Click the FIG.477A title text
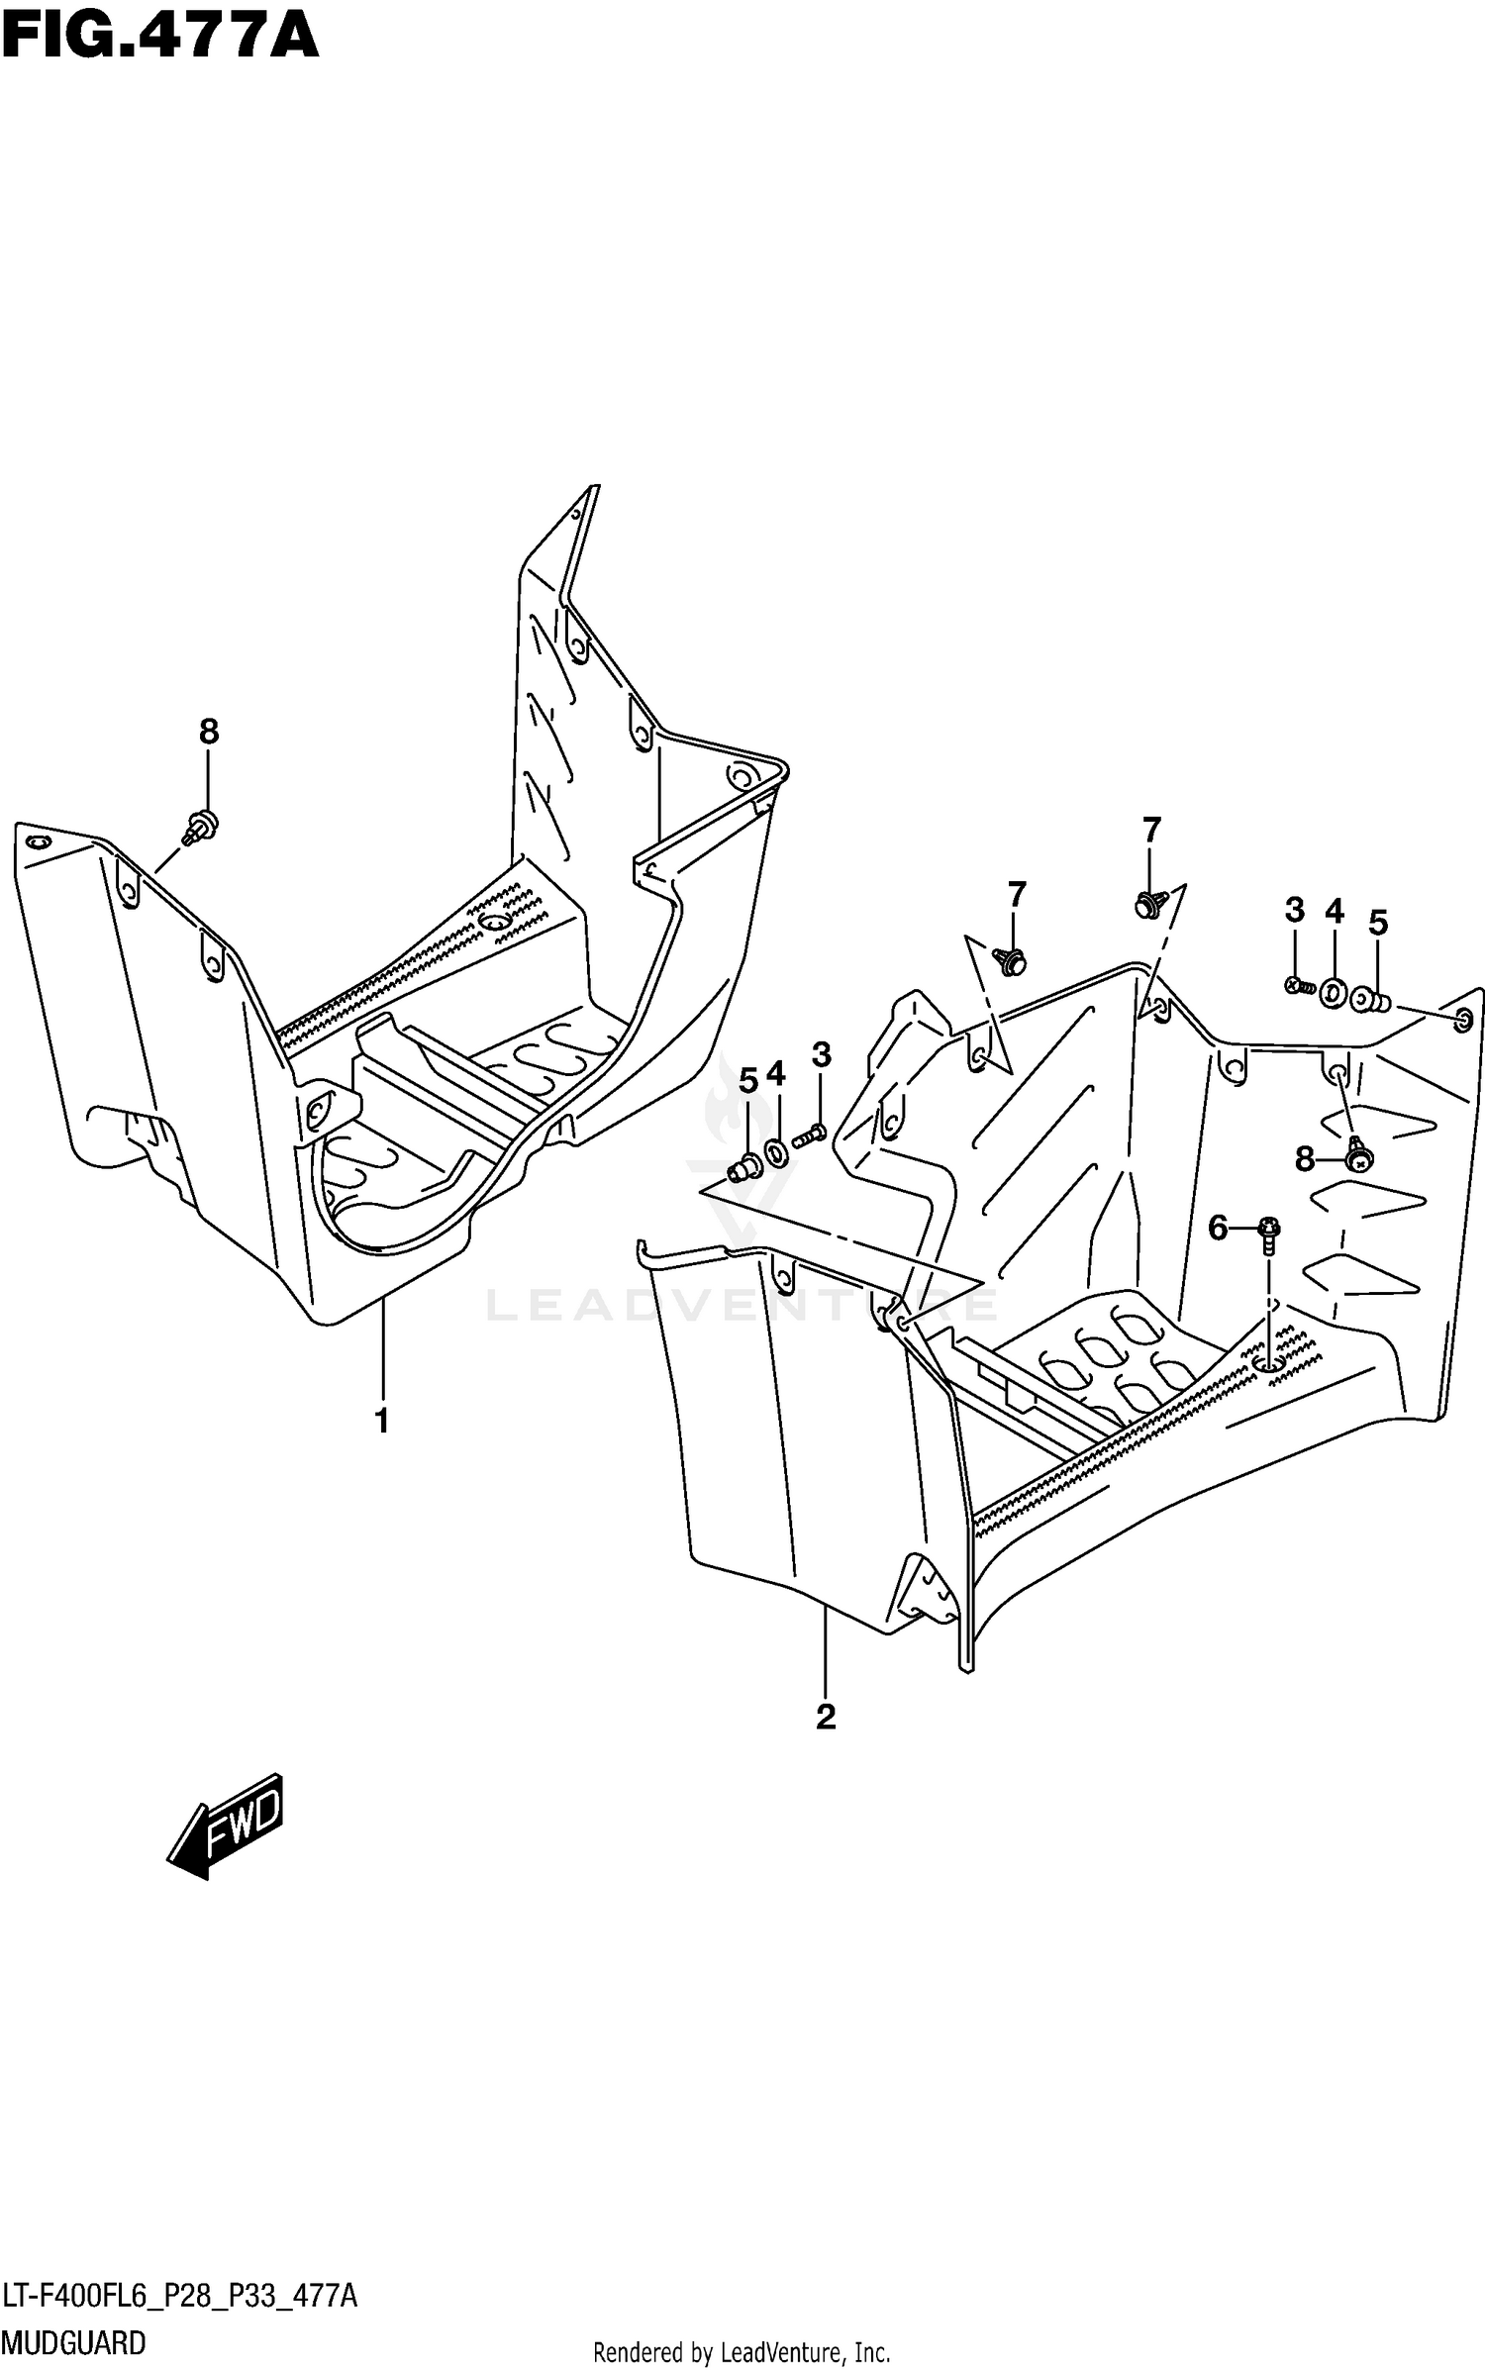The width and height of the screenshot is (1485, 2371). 160,37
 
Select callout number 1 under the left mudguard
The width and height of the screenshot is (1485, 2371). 381,1422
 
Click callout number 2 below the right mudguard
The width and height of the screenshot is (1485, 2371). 826,1717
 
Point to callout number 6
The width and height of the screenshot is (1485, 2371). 1218,1229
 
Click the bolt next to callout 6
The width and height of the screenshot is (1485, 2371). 1269,1235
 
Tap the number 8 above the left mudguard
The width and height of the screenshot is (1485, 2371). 208,732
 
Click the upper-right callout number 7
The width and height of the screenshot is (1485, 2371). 1150,830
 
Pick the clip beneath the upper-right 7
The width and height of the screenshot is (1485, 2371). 1149,904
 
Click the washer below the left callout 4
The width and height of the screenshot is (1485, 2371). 776,1151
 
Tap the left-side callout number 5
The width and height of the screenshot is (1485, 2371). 748,1082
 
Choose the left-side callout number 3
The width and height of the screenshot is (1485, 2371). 822,1055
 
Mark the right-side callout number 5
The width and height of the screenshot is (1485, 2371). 1377,923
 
